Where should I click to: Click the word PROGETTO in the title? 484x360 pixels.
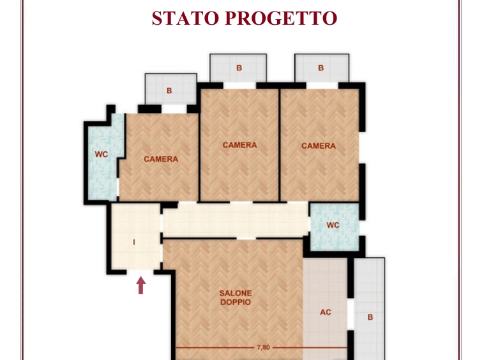point(281,19)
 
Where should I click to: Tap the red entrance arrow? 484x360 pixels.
point(140,285)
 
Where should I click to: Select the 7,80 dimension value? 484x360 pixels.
point(263,347)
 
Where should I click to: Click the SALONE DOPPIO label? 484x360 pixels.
point(236,297)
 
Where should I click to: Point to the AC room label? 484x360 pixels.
point(326,312)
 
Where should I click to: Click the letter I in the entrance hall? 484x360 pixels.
point(133,243)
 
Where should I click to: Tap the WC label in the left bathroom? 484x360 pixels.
point(102,154)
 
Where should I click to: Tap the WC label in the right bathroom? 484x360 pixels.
point(333,225)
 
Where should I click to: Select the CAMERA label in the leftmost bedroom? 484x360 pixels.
point(161,159)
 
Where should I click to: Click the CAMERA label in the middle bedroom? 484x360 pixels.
point(239,145)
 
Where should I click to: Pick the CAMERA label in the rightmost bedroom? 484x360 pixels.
point(319,146)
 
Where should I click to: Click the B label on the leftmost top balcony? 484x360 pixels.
point(169,91)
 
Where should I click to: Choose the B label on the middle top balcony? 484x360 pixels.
point(239,68)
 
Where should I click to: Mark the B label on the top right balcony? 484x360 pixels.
point(321,68)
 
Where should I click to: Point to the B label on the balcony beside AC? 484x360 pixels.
point(370,317)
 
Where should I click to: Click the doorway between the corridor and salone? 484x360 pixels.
point(246,238)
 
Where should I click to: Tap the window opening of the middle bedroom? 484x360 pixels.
point(239,86)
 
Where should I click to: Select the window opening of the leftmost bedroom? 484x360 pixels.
point(174,109)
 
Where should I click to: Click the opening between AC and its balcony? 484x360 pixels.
point(351,314)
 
